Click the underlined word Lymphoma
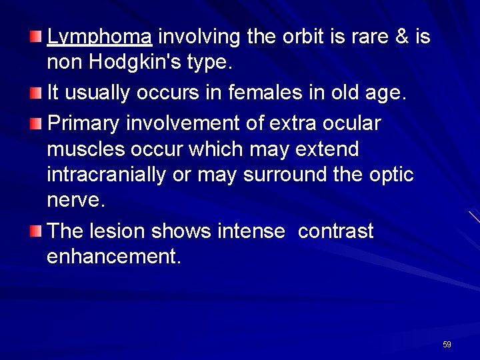100,38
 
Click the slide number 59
447,345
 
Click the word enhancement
113,257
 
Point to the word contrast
335,231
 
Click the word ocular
358,123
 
